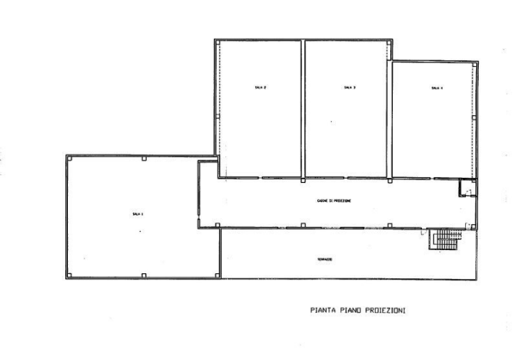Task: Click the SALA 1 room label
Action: [137, 212]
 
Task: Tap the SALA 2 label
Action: [260, 87]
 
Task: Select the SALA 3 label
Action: [348, 87]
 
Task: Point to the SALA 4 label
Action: [436, 87]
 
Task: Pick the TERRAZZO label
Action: [324, 259]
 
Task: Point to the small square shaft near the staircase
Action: [468, 187]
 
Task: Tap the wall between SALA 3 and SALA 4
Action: [392, 120]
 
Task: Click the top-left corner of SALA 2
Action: [215, 40]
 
